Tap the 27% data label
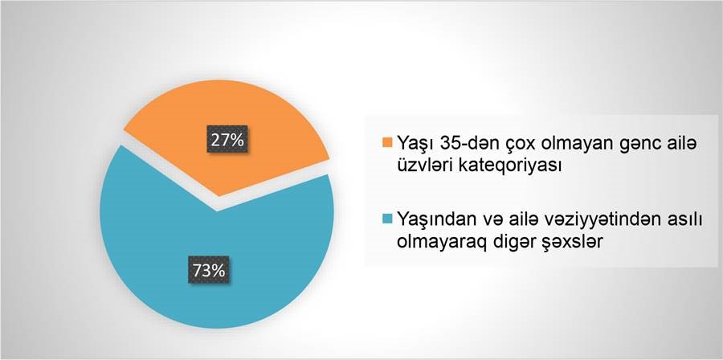tap(227, 139)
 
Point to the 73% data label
tap(209, 270)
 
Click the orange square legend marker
tap(387, 142)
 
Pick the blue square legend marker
tap(387, 219)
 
